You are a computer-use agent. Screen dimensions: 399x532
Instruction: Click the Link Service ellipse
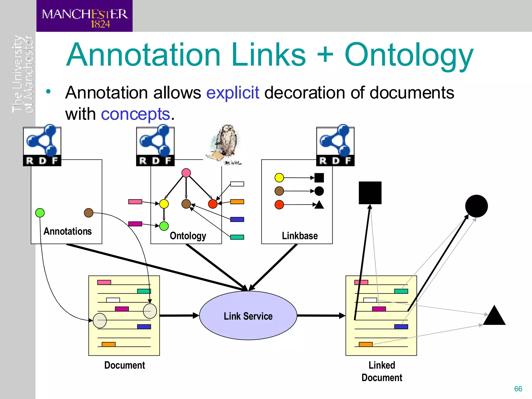(248, 316)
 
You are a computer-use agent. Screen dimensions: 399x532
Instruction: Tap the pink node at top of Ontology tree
(186, 173)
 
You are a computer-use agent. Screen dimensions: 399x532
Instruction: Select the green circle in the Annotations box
(40, 213)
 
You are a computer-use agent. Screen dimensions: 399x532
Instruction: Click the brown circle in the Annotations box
(89, 213)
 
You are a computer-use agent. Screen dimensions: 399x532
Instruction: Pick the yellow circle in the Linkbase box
(279, 178)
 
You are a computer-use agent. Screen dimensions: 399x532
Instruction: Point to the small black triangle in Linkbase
(319, 205)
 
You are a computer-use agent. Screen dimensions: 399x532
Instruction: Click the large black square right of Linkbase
(370, 193)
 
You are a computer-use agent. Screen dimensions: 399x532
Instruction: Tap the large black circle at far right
(476, 206)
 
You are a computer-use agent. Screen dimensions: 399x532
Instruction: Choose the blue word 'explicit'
(232, 92)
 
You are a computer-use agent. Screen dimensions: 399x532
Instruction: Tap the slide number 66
(518, 389)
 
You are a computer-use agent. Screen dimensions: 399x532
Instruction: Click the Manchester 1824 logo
(84, 16)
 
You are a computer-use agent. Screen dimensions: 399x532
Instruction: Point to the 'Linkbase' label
(300, 236)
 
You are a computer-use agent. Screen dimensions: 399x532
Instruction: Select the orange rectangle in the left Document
(108, 344)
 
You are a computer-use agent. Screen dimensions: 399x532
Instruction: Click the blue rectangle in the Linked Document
(401, 327)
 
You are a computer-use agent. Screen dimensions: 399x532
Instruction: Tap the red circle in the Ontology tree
(213, 204)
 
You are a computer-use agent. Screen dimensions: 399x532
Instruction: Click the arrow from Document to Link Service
(179, 316)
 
